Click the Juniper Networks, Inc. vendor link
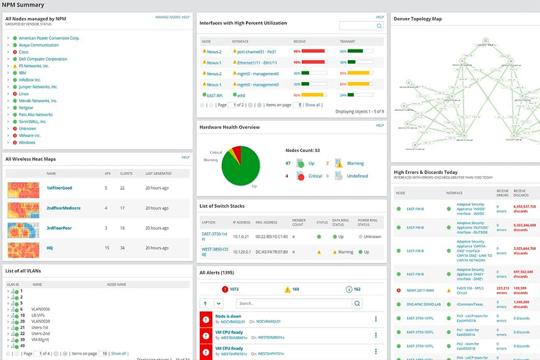pos(38,87)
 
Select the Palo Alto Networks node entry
pos(35,115)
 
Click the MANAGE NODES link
pos(167,17)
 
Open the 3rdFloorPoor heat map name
pos(59,228)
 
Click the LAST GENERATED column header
pos(158,174)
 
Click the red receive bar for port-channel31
pos(314,52)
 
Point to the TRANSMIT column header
pos(347,42)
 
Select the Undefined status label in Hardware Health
pos(357,176)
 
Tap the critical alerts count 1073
pos(233,289)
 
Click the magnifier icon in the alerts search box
pos(357,303)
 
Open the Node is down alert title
pos(228,316)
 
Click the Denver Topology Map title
pos(417,19)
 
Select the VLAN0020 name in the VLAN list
pos(41,321)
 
